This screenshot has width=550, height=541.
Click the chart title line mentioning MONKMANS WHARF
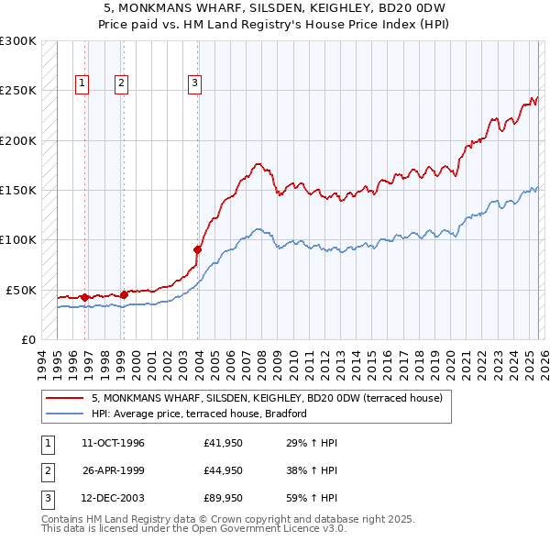click(x=274, y=7)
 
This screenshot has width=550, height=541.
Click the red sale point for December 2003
click(x=197, y=248)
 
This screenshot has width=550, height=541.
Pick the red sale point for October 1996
click(x=84, y=297)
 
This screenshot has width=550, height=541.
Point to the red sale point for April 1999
click(x=124, y=294)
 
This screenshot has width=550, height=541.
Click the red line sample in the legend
click(x=64, y=399)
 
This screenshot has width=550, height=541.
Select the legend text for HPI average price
click(x=198, y=414)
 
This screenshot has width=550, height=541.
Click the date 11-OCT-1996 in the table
click(x=113, y=443)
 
